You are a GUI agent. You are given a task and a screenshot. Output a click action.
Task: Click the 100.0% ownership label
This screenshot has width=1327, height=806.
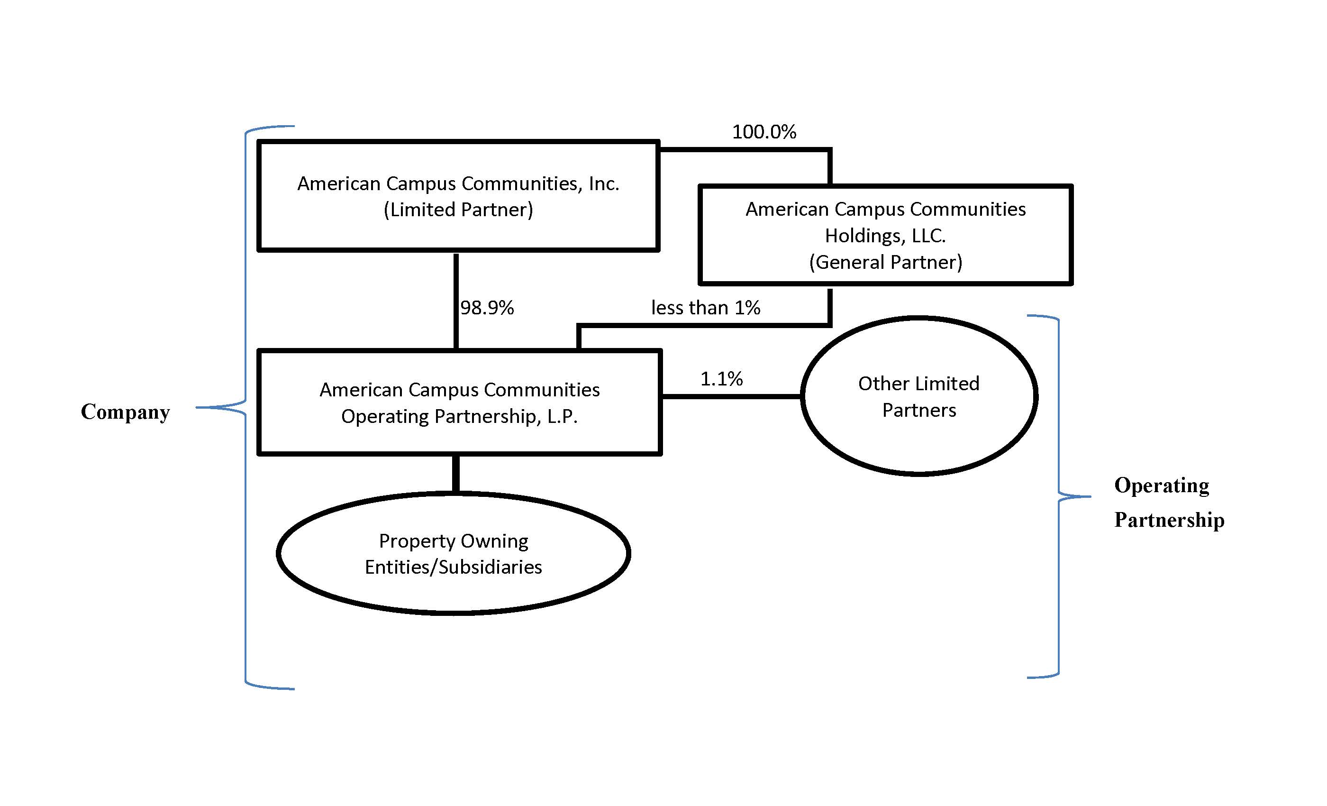pyautogui.click(x=763, y=132)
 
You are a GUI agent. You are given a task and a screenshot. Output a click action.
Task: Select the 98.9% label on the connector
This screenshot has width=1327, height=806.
pyautogui.click(x=487, y=308)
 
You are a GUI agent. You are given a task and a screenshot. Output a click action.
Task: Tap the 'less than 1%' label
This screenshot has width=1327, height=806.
pyautogui.click(x=706, y=308)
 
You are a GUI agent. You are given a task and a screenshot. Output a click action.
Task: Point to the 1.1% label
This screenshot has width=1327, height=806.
pyautogui.click(x=721, y=379)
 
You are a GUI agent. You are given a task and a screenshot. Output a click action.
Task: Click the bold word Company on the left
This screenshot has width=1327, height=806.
pyautogui.click(x=126, y=412)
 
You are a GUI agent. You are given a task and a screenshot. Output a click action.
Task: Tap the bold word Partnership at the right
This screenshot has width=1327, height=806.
pyautogui.click(x=1169, y=520)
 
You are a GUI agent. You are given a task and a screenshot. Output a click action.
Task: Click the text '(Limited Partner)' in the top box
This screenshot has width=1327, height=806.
pyautogui.click(x=458, y=210)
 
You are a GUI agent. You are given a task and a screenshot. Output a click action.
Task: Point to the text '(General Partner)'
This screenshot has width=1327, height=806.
pyautogui.click(x=885, y=262)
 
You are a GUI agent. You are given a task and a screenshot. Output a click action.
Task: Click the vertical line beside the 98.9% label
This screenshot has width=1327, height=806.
pyautogui.click(x=456, y=302)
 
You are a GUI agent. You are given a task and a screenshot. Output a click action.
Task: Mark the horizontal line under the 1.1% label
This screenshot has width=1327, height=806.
pyautogui.click(x=731, y=396)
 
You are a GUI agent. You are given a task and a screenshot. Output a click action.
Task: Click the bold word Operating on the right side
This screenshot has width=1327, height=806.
pyautogui.click(x=1162, y=485)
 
